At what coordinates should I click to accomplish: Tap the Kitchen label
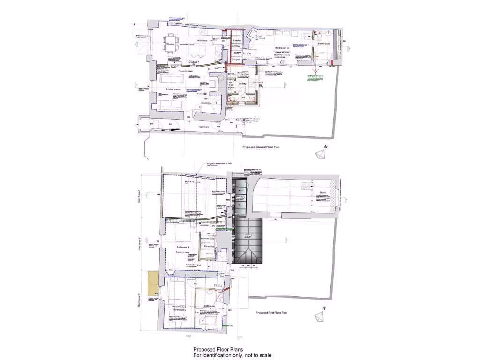coord(202,41)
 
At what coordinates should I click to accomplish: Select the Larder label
coord(236,41)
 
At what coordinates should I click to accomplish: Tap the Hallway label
coord(204,127)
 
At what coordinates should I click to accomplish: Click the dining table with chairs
coord(172,44)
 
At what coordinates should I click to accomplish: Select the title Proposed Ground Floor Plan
coord(263,147)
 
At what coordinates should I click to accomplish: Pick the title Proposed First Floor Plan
coord(271,312)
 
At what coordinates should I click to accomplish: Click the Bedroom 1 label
coord(182,247)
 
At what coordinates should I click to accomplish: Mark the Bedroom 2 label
coord(180,310)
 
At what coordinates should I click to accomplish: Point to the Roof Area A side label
coord(138,195)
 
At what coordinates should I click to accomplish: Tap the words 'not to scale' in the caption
coord(257,355)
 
